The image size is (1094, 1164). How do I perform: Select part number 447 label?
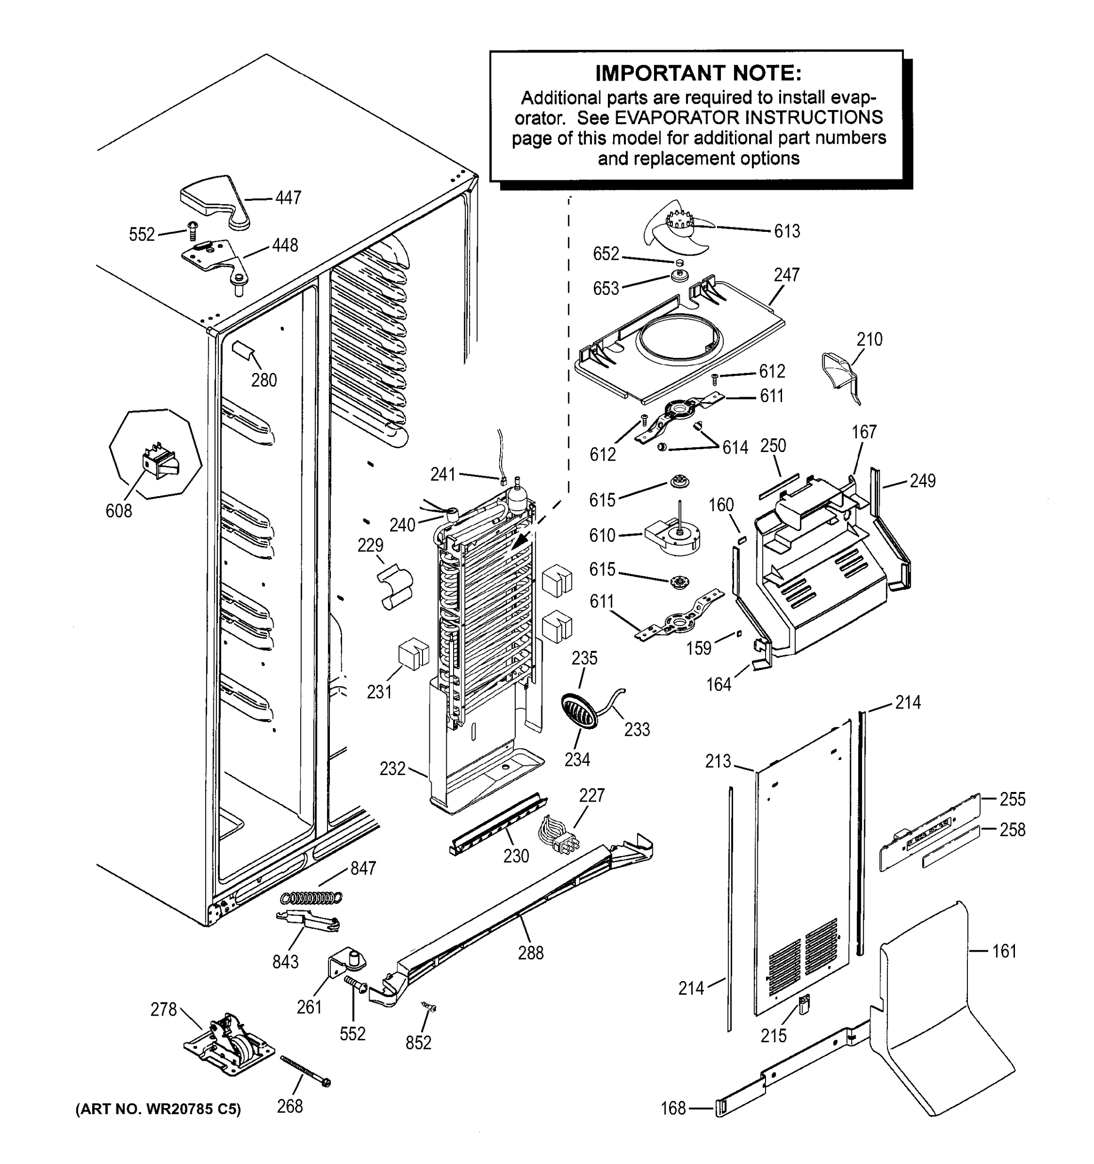point(288,198)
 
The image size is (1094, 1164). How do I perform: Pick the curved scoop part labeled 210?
point(840,375)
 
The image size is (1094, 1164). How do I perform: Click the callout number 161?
point(1004,951)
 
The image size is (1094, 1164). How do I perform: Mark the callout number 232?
point(392,768)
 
